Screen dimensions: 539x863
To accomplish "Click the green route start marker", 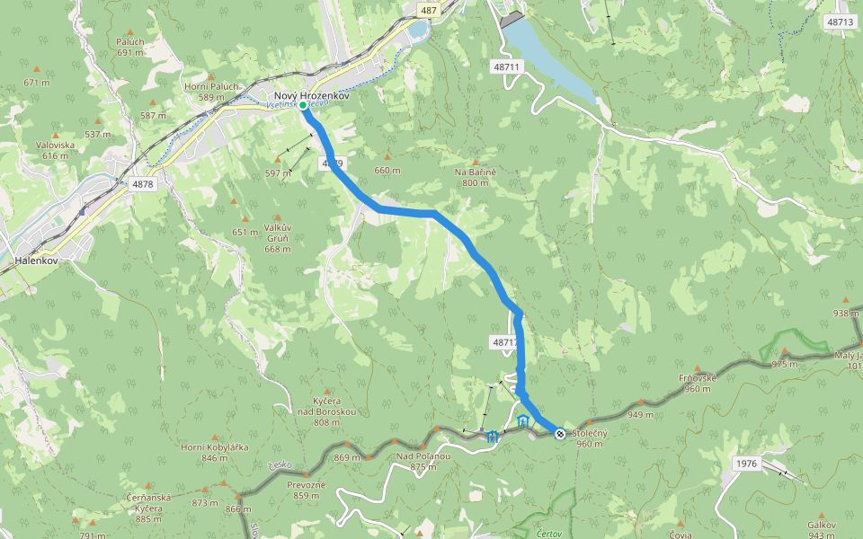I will (303, 106).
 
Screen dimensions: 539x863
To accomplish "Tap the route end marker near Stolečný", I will (560, 434).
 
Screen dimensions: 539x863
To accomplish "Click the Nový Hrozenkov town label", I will (311, 95).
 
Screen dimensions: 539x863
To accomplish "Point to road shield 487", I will (429, 10).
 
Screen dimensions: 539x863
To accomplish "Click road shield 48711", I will (506, 67).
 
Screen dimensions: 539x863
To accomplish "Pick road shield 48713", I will (840, 21).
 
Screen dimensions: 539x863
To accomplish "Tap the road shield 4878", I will (142, 184).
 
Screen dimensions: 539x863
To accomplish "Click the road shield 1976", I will (746, 464).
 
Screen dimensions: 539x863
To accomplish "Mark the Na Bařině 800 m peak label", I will (476, 177).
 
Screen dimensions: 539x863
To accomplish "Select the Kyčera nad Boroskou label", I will (327, 411).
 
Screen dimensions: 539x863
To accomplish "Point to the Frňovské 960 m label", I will (698, 383).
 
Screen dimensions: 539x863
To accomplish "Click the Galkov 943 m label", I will (822, 530).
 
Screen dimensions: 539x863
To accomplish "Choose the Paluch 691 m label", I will (130, 47).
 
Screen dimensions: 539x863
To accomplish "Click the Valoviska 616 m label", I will (55, 150).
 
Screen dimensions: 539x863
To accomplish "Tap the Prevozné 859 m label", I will (306, 490).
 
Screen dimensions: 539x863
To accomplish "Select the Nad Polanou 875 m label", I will (423, 461).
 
